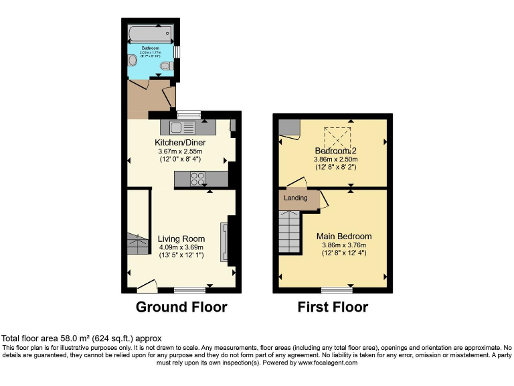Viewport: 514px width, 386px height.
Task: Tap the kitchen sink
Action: (181, 127)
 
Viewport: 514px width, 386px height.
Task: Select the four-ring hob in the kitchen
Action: (198, 179)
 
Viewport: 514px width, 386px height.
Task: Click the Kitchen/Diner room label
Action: (180, 143)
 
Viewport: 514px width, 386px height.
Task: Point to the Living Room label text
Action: (181, 239)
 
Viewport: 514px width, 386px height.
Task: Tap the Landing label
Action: (296, 198)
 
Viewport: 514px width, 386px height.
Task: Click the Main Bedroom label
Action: (345, 237)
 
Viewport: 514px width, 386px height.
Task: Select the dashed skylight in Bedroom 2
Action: (337, 139)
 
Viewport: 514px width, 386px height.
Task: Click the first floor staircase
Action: (290, 231)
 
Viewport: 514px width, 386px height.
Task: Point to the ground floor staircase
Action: (137, 244)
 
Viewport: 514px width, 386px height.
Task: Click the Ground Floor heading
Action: (181, 308)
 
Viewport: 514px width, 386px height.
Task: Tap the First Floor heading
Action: (333, 308)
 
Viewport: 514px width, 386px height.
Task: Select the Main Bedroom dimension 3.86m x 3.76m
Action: (345, 245)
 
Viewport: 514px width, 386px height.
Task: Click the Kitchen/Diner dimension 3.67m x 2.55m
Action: (180, 151)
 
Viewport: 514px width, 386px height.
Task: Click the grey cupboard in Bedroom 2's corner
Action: (289, 127)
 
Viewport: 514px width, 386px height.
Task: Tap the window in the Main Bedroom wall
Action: (337, 290)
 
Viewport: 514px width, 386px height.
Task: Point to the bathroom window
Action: (176, 52)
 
